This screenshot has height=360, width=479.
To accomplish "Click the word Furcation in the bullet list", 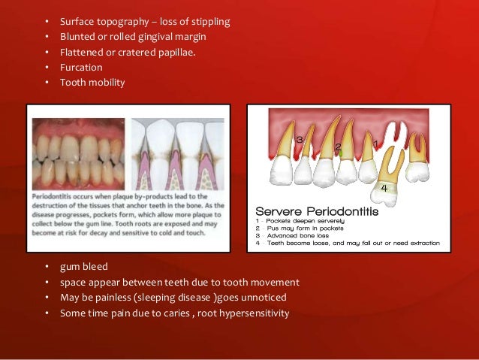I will (x=81, y=67).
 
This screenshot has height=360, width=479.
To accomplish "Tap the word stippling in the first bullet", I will (x=208, y=21).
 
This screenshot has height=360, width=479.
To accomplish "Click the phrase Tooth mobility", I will (x=92, y=82).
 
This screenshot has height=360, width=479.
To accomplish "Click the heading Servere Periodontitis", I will (x=318, y=211).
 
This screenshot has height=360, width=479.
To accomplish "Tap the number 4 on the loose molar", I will (x=384, y=187).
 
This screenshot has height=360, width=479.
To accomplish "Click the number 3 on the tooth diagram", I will (x=300, y=140).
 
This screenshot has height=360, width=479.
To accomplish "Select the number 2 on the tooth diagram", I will (x=339, y=147).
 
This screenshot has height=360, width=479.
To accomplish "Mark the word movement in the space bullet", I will (x=277, y=283).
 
